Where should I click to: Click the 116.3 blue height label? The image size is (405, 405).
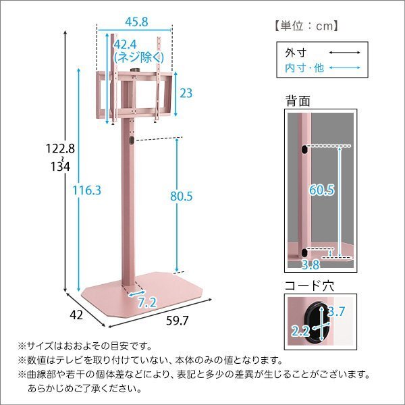(88, 191)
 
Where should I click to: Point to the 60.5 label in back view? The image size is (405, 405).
(323, 190)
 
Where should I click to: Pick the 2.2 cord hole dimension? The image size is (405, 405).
(300, 331)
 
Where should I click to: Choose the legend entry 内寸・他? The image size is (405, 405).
(304, 69)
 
